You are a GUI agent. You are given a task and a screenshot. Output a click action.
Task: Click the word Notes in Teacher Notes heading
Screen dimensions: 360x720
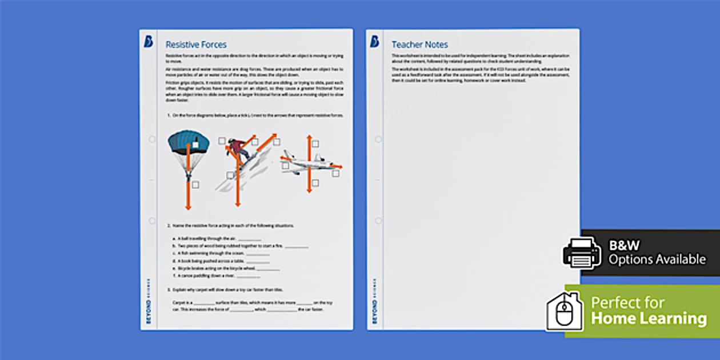437,45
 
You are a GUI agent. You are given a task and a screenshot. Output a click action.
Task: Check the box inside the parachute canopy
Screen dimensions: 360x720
195,145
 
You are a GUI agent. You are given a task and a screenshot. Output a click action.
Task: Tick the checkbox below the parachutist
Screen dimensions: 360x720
195,185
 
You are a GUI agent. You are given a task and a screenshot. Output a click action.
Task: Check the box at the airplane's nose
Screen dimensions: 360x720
335,173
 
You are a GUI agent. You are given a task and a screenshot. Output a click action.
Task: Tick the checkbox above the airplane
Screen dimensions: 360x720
315,144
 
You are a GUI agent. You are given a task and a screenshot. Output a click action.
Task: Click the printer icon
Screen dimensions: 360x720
582,252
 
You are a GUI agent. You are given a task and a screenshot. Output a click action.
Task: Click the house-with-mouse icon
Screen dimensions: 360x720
564,311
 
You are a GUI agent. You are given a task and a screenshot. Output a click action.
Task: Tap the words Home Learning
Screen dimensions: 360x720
649,318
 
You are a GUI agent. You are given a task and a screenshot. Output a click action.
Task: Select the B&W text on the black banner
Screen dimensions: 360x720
624,245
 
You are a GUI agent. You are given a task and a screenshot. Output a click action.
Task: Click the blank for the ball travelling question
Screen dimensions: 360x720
249,239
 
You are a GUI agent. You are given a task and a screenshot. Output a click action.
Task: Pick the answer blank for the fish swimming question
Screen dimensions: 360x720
258,254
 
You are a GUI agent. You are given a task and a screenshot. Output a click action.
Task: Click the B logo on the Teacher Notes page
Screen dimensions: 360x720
374,42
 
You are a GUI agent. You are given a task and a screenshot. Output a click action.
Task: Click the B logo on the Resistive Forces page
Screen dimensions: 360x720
148,42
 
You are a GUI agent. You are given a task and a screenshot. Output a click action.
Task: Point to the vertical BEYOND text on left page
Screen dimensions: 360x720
149,311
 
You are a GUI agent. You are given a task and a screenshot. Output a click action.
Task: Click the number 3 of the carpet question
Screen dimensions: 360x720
168,290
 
